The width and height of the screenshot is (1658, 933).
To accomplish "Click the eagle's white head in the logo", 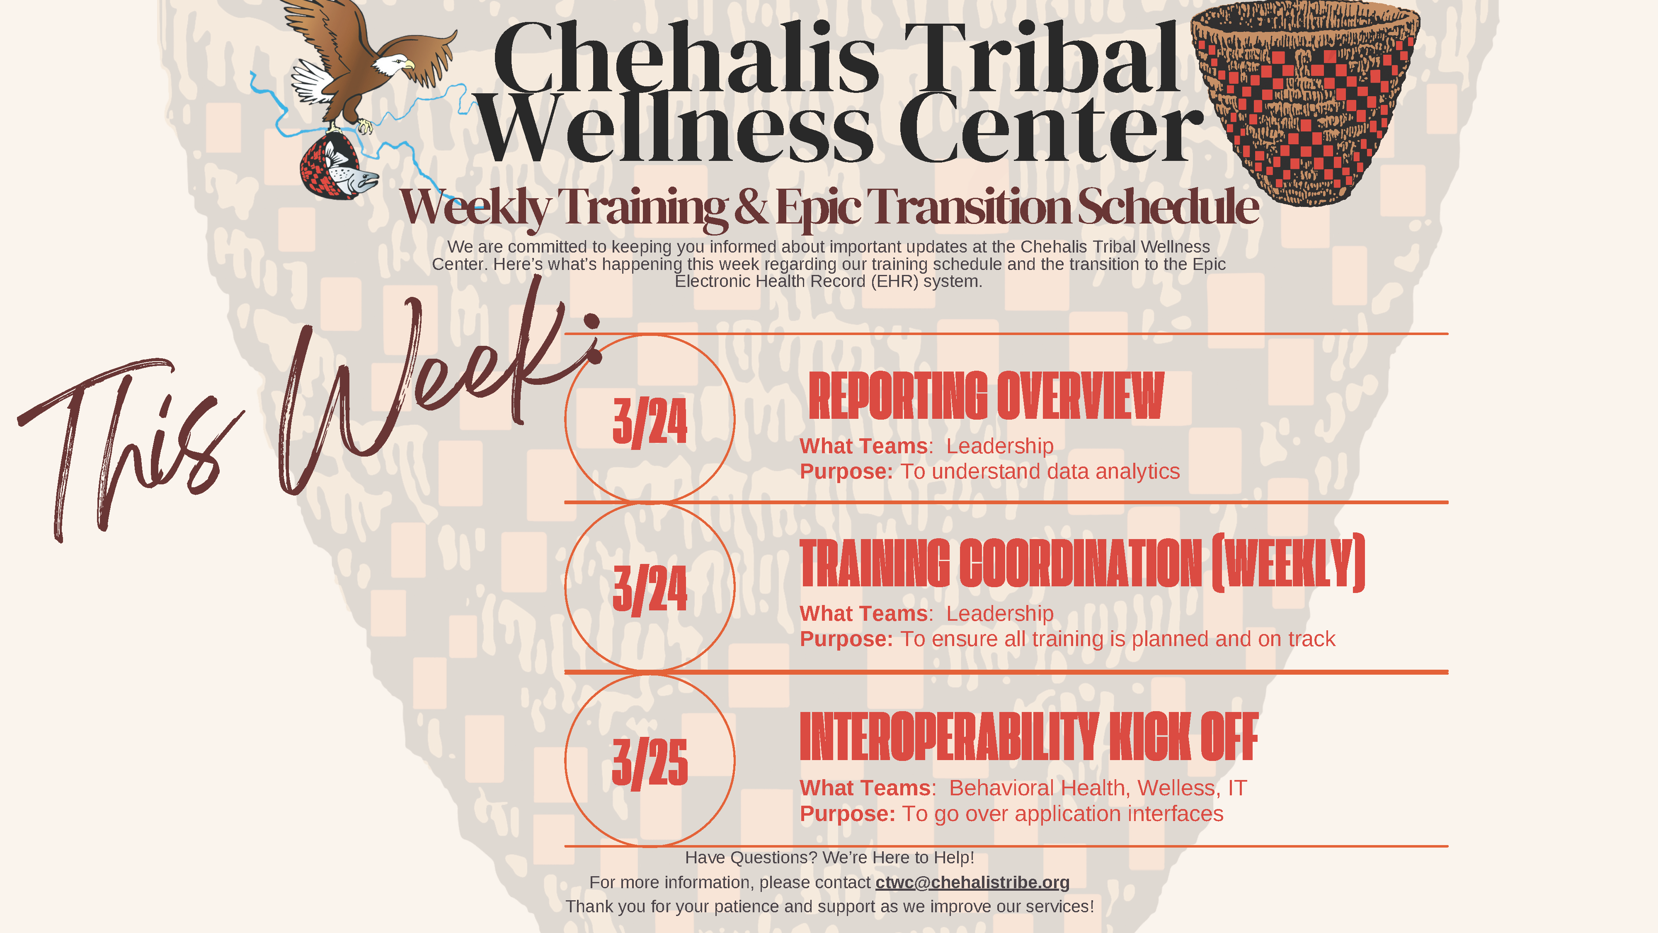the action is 393,64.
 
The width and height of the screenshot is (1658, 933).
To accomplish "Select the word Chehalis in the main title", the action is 686,59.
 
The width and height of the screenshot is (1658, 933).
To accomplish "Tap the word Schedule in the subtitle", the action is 1168,206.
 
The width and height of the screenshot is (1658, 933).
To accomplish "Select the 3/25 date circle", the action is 650,760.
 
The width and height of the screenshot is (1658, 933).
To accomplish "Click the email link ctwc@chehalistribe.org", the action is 972,882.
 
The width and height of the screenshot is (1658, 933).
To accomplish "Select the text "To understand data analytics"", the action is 1040,471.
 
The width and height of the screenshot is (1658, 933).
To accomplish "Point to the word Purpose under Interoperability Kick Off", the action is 847,814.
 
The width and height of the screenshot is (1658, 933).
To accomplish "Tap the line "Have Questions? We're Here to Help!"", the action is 829,858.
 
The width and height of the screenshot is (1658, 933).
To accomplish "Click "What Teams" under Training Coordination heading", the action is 863,614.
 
